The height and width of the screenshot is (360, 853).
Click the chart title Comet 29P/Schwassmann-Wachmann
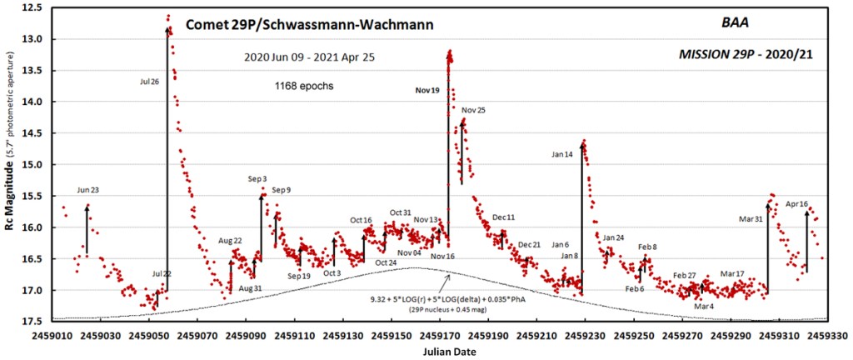pos(309,24)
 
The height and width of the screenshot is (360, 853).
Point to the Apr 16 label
pos(797,203)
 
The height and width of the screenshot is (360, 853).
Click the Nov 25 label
pos(473,110)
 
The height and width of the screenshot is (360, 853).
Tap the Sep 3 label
pos(257,179)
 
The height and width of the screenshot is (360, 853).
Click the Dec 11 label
pos(503,217)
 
